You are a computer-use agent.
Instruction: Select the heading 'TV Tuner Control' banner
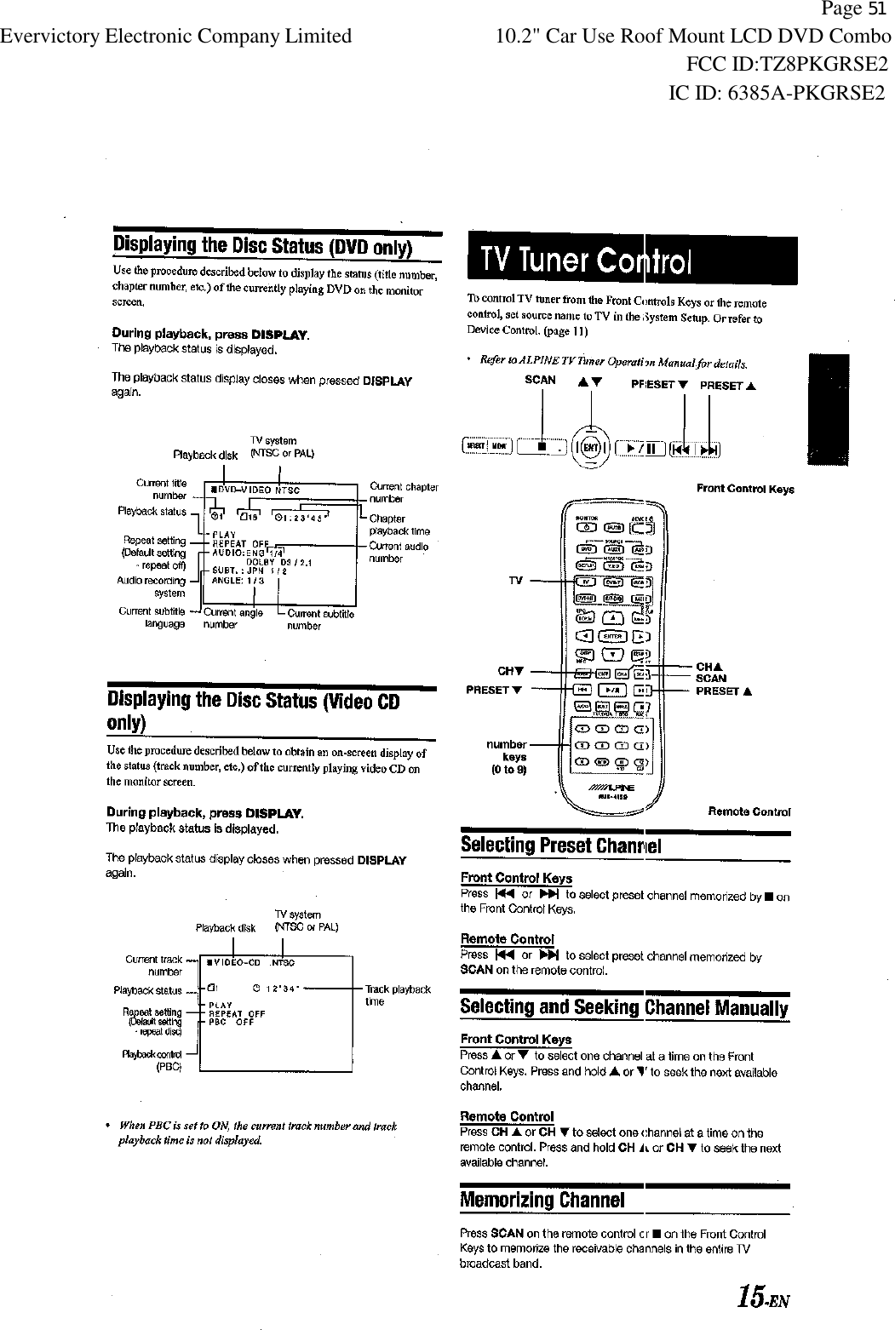click(x=628, y=261)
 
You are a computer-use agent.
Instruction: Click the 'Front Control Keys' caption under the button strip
click(x=744, y=489)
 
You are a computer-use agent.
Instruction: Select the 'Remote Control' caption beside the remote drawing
click(x=749, y=811)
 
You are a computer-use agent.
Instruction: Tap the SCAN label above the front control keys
click(x=540, y=381)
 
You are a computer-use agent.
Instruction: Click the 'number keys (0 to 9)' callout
click(x=507, y=757)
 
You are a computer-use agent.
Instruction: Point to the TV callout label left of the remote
click(x=515, y=581)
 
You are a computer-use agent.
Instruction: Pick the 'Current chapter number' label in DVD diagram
click(x=403, y=492)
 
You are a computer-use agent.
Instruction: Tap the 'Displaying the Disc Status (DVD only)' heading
click(x=263, y=247)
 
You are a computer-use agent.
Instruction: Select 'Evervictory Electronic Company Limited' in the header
click(x=176, y=36)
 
